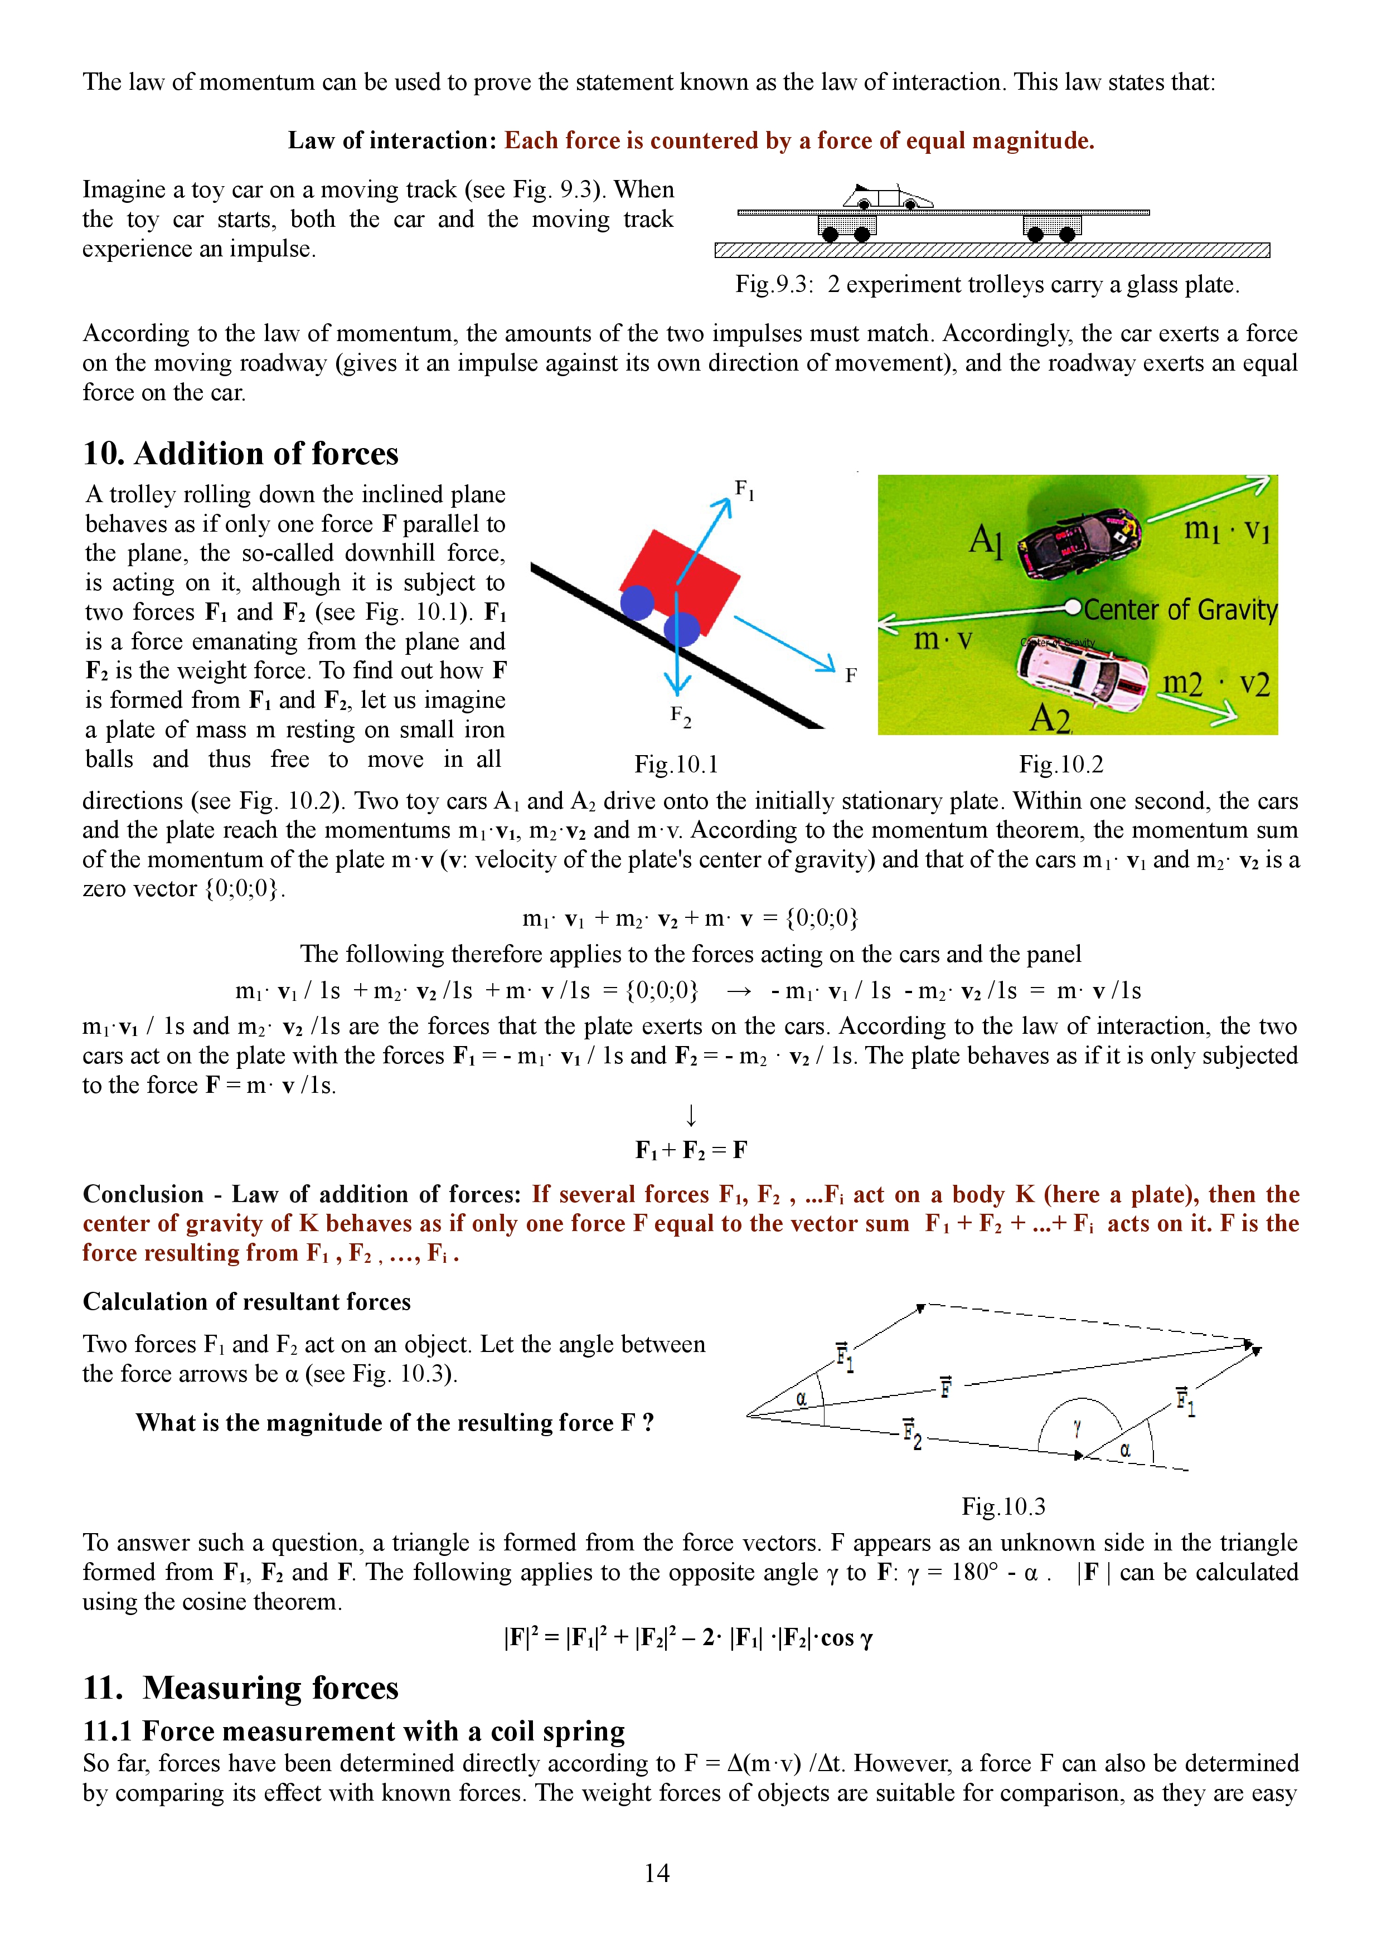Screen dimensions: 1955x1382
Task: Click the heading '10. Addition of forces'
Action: [x=241, y=454]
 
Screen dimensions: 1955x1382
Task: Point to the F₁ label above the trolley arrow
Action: [x=744, y=490]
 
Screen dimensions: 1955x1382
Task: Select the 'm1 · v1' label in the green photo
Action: [x=1226, y=529]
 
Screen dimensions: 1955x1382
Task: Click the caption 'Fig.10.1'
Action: [x=676, y=765]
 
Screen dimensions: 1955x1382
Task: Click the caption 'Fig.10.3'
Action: [x=1003, y=1506]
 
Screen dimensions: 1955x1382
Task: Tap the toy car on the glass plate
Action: [x=888, y=197]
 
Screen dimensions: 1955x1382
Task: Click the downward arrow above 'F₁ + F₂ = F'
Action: [x=691, y=1115]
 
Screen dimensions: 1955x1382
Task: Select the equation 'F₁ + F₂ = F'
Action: [x=691, y=1150]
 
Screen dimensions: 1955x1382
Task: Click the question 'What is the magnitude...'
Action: [x=394, y=1423]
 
